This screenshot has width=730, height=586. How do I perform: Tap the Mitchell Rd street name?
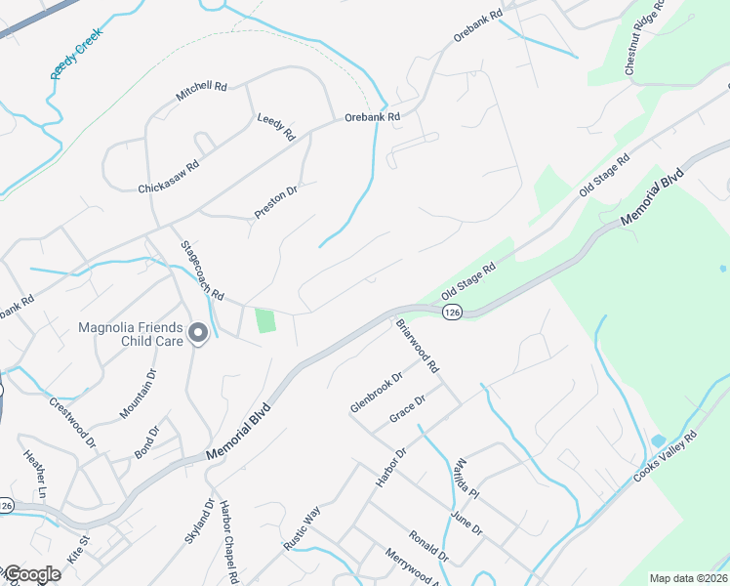click(x=201, y=92)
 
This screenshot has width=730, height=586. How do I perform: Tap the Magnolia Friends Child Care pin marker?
click(x=198, y=334)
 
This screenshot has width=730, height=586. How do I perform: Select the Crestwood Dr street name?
click(x=72, y=422)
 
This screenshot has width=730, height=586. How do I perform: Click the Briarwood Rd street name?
click(x=418, y=345)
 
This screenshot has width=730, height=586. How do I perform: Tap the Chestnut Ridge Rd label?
click(x=645, y=37)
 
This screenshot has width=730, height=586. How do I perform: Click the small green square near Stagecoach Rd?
click(x=264, y=319)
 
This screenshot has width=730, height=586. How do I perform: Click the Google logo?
click(x=31, y=575)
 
